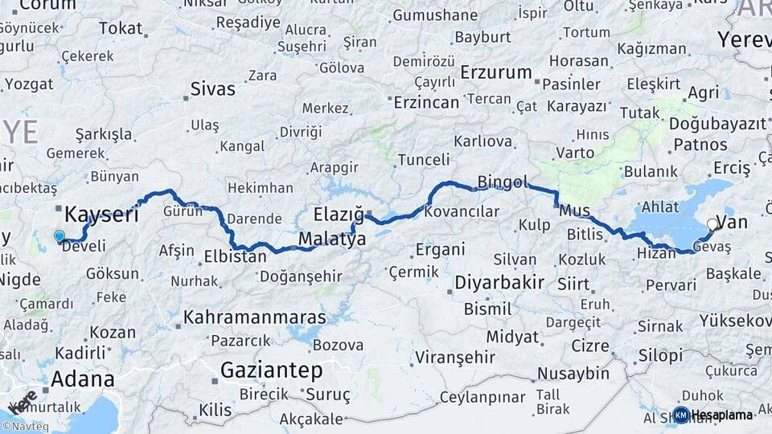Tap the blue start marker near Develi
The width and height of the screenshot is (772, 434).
pos(59,236)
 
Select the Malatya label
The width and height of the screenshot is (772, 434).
pos(332,240)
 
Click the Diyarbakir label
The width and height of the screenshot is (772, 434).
pos(499,283)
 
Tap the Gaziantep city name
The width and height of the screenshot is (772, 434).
pos(271,371)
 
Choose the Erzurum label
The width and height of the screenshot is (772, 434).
pos(496,72)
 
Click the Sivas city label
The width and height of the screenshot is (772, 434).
pos(213,88)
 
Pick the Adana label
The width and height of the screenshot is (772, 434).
pos(82,379)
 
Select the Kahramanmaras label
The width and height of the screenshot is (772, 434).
pos(255,317)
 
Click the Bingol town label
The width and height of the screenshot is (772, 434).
pos(501,182)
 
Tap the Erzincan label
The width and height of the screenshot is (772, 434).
pos(425,102)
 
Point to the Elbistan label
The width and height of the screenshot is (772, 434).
pos(235,258)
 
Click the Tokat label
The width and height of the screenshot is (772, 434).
pos(120,28)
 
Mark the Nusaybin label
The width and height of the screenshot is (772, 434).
pos(573,374)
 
